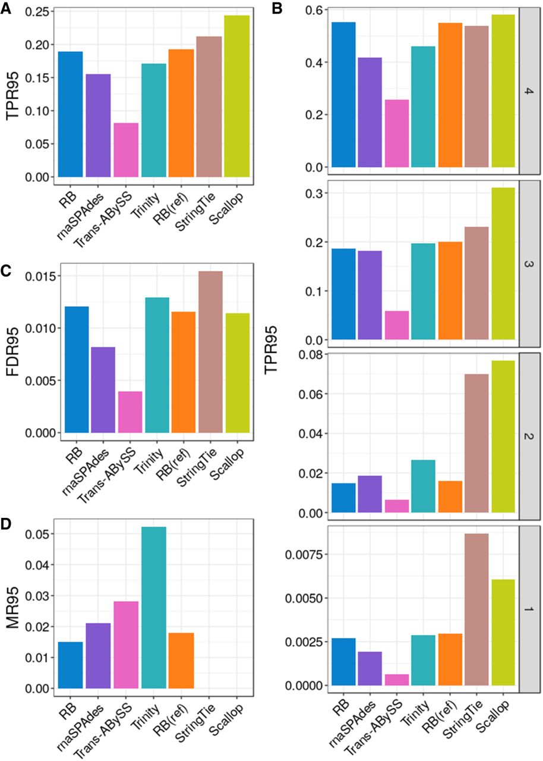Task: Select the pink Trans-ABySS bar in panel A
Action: (126, 150)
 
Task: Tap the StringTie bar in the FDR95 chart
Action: (211, 352)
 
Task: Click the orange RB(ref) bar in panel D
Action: (182, 661)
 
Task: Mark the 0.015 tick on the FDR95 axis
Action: (40, 276)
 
